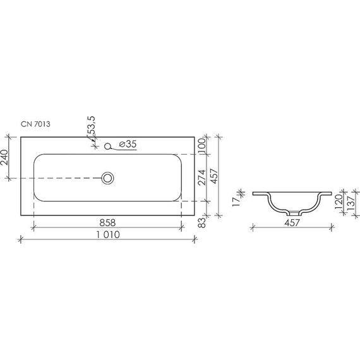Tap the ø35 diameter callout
(128, 145)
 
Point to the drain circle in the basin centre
(108, 178)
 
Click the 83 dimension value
(203, 222)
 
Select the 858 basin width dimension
(106, 222)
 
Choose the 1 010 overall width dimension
(105, 234)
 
